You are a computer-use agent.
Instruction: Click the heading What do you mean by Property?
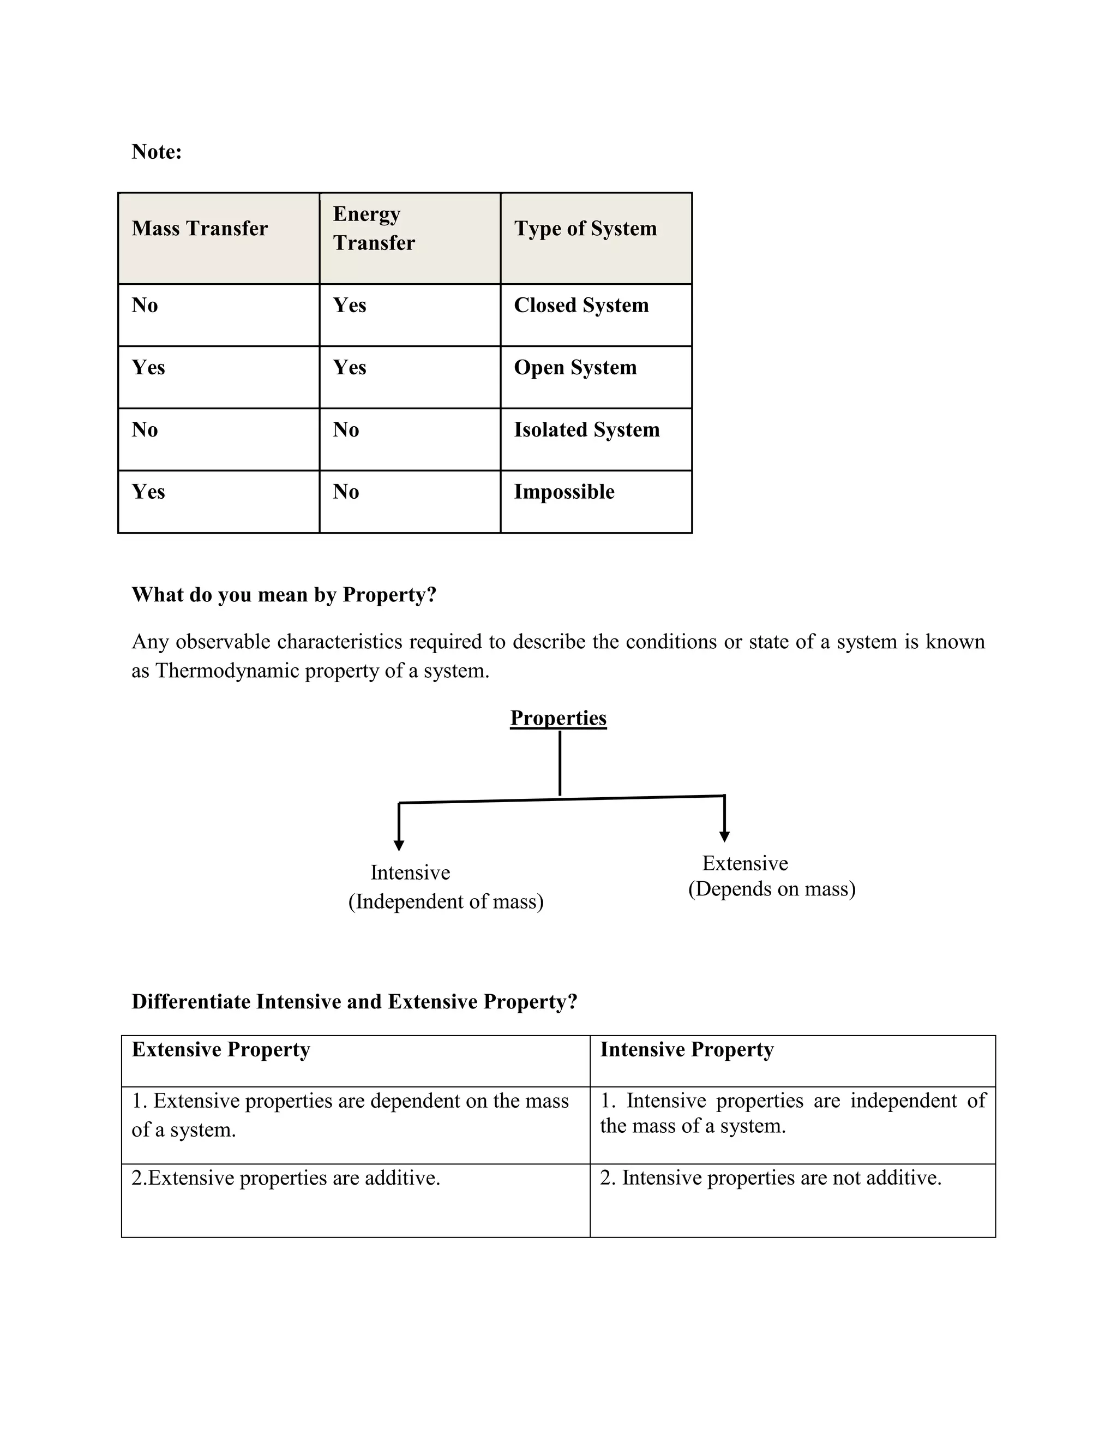pos(284,595)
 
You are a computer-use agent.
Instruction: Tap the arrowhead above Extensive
pos(725,837)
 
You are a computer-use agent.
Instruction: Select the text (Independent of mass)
pos(446,902)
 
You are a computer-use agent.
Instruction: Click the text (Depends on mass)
pos(772,888)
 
